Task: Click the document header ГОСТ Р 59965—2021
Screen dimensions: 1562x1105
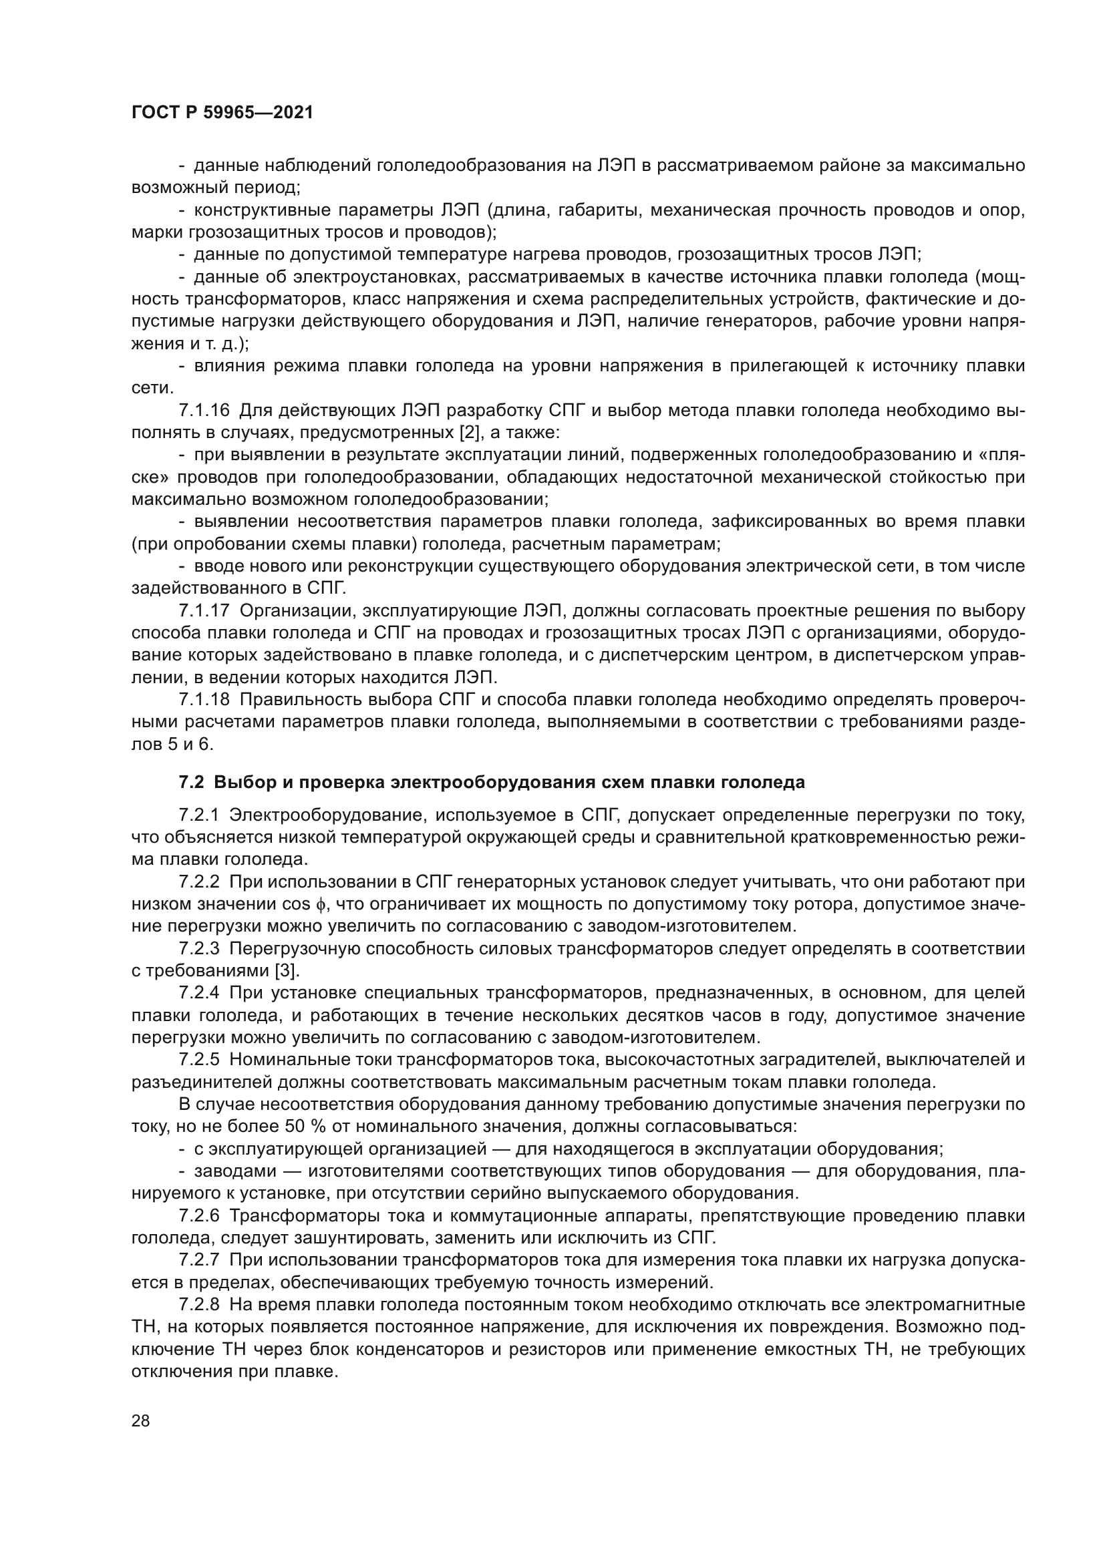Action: click(x=222, y=113)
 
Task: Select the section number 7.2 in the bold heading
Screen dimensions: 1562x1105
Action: click(x=191, y=783)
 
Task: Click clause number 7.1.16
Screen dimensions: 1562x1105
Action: click(x=205, y=411)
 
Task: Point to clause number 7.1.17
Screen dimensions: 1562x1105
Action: click(x=205, y=611)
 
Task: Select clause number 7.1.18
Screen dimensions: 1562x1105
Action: click(x=205, y=700)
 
